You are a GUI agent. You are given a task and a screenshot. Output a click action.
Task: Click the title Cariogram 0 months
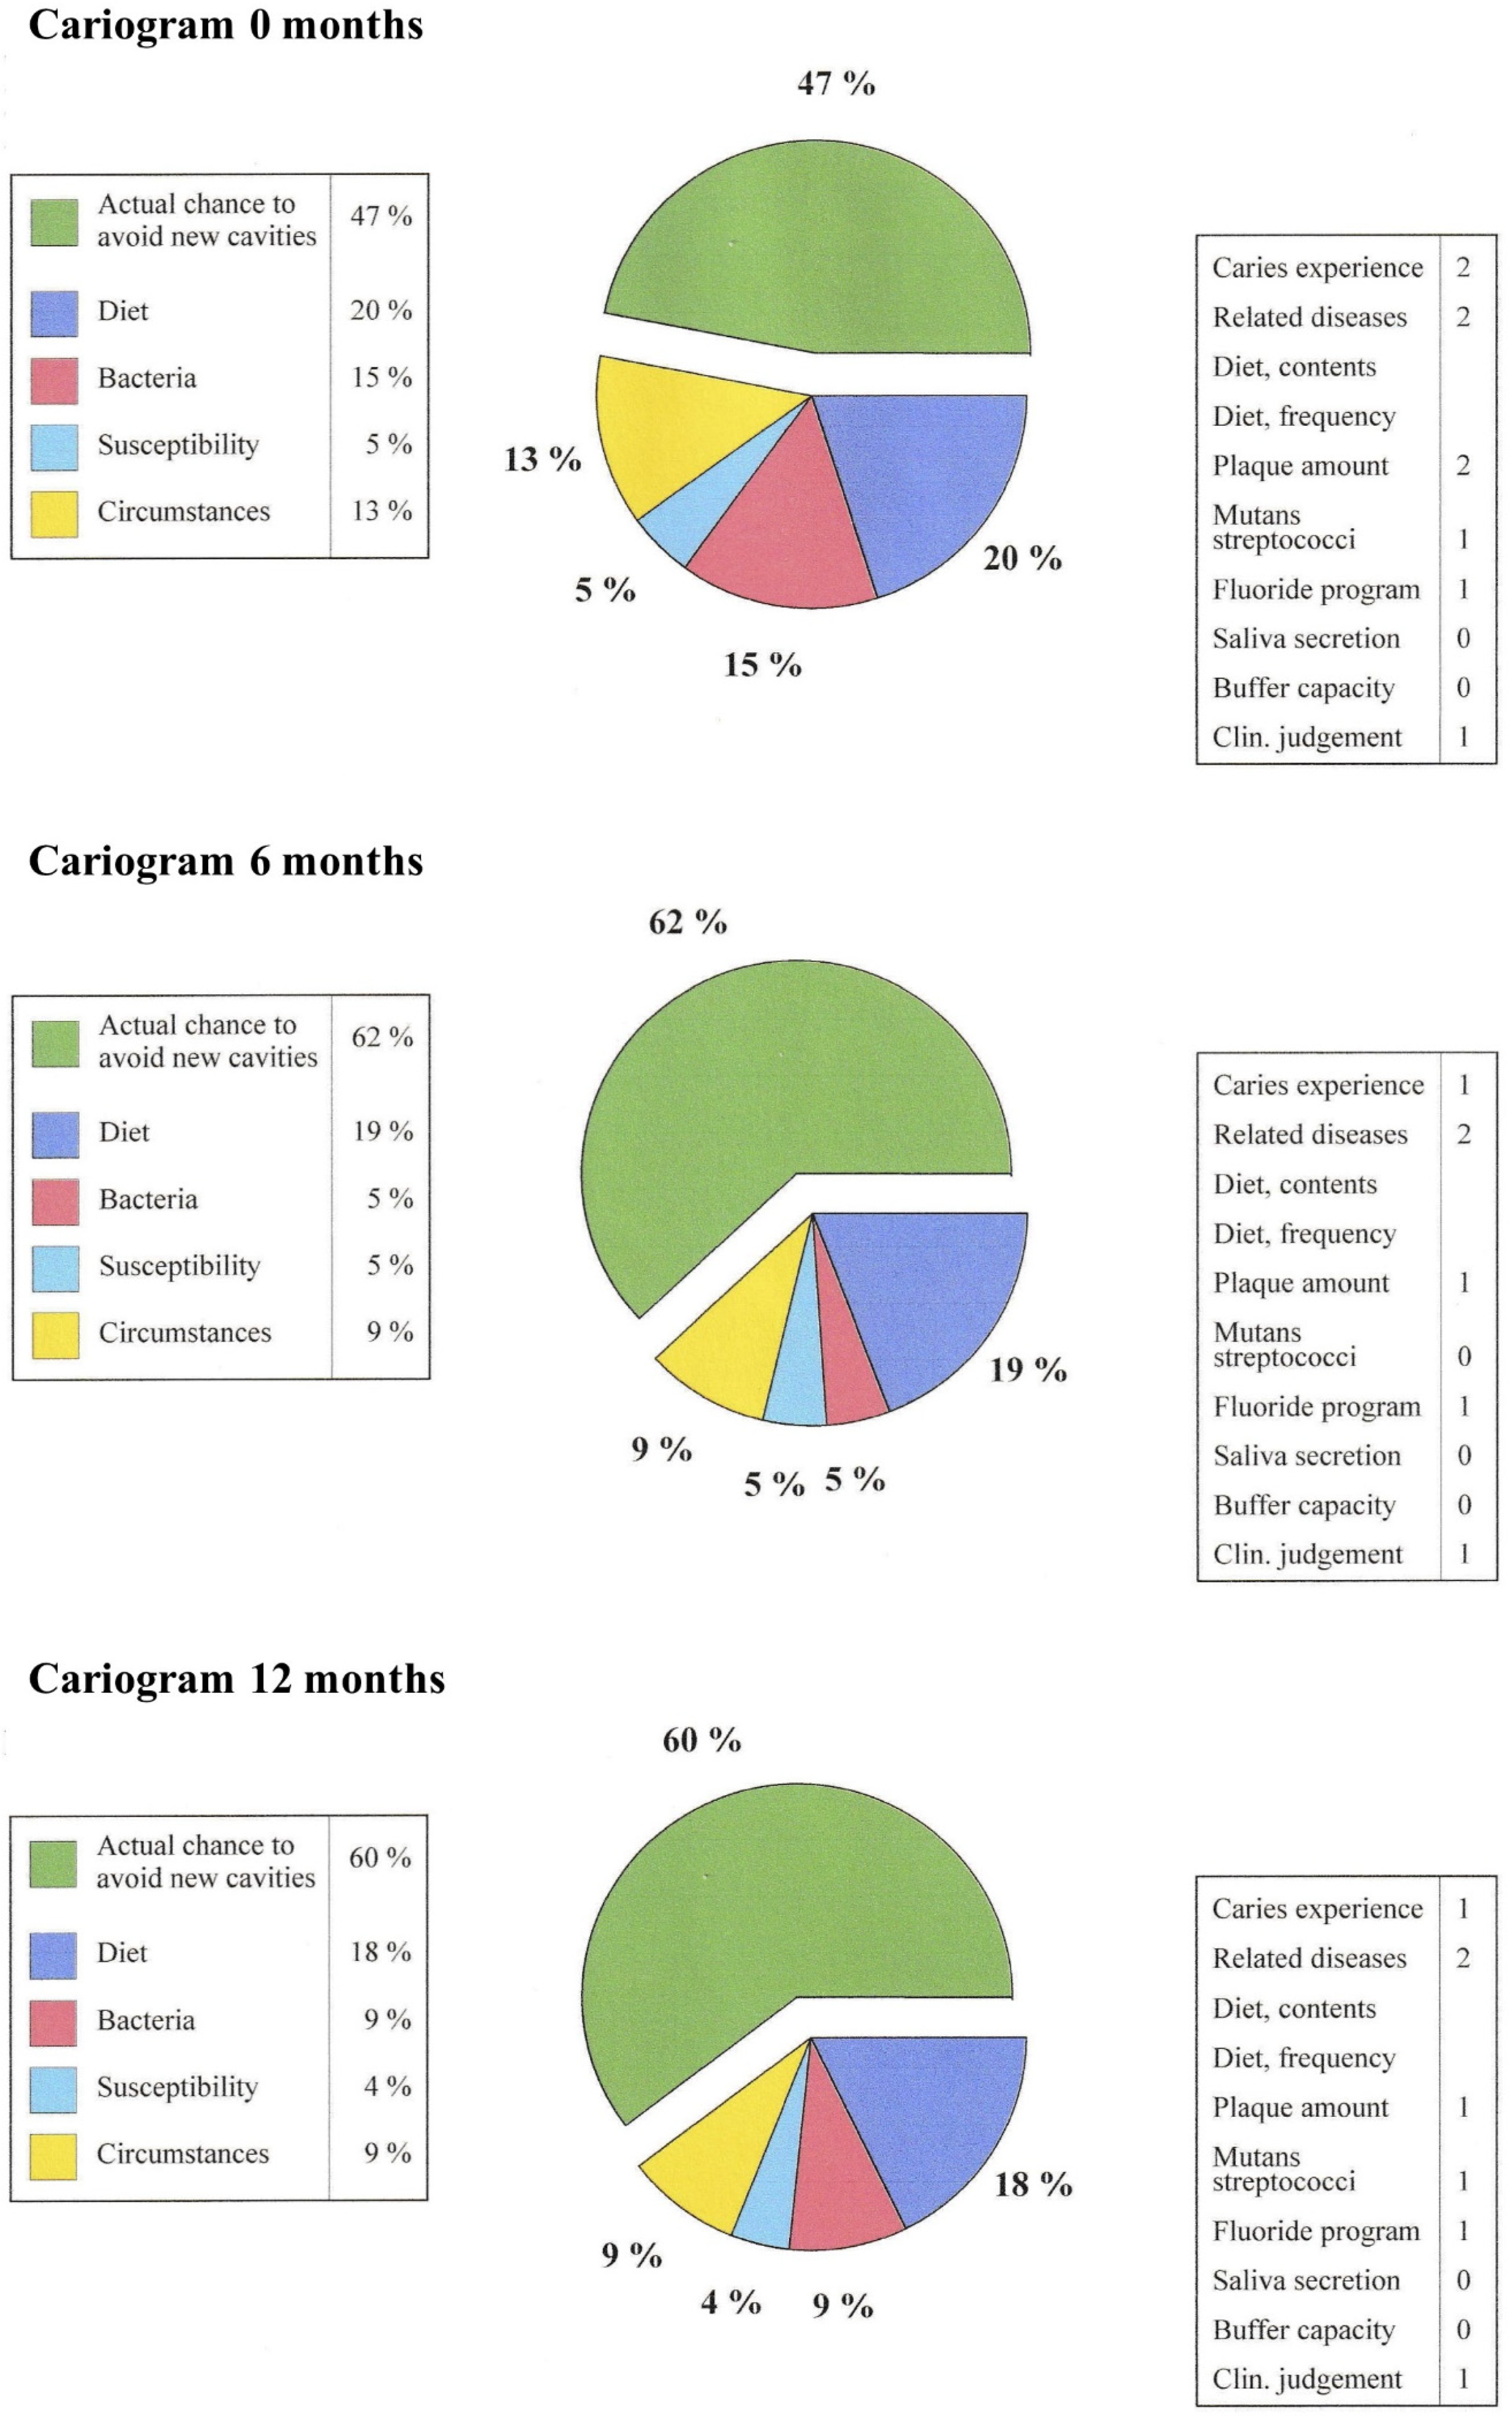[x=226, y=25]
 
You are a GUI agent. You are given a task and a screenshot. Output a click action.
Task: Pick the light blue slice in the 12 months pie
[x=773, y=2195]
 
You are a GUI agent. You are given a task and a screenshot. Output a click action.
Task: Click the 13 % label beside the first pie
[x=542, y=459]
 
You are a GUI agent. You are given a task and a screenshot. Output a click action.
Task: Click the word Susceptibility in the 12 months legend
[x=178, y=2087]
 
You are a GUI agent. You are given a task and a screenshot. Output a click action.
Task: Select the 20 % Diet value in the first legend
[x=380, y=310]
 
